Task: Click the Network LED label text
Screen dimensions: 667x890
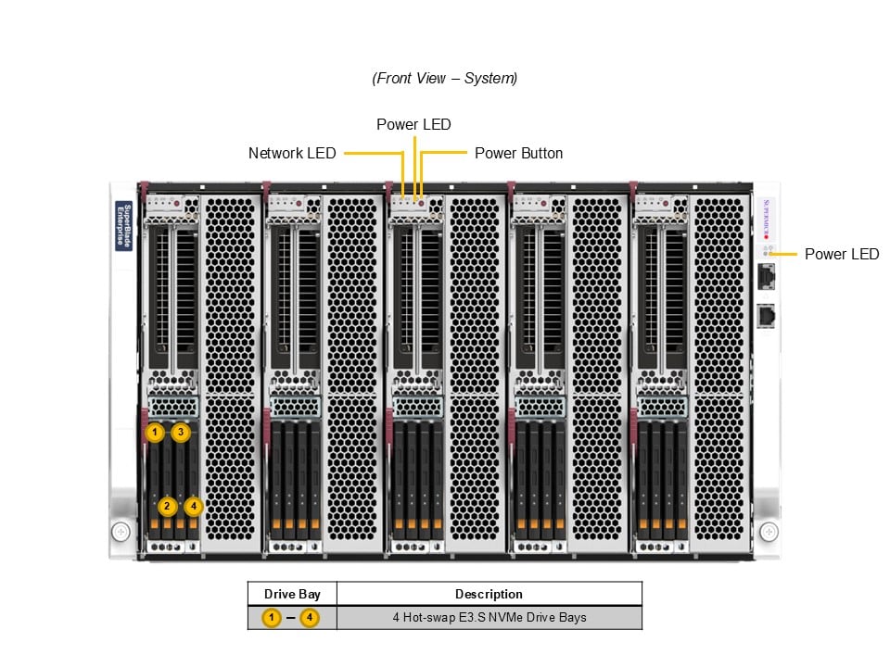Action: pyautogui.click(x=292, y=153)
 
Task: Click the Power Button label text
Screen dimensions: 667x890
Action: pyautogui.click(x=518, y=153)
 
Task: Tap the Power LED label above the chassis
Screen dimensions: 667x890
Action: pyautogui.click(x=413, y=124)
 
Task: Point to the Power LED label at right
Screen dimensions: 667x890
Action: pyautogui.click(x=841, y=254)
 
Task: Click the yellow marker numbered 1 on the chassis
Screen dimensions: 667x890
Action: pyautogui.click(x=155, y=432)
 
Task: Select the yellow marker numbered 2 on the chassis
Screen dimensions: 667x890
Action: pyautogui.click(x=167, y=506)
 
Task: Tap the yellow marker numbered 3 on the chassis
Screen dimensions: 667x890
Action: pyautogui.click(x=181, y=432)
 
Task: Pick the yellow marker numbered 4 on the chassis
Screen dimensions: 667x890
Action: pyautogui.click(x=193, y=506)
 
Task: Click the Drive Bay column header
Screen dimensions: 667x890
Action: pyautogui.click(x=292, y=594)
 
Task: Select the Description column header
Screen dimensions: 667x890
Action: pyautogui.click(x=489, y=594)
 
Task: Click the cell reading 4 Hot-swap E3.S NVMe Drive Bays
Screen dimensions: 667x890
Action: pyautogui.click(x=489, y=617)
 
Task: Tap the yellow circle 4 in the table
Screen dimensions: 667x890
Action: pyautogui.click(x=310, y=617)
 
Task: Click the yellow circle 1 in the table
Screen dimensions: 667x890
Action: pyautogui.click(x=271, y=617)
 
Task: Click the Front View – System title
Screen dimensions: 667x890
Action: pyautogui.click(x=444, y=79)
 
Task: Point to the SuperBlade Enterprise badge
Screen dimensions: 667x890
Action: pyautogui.click(x=123, y=225)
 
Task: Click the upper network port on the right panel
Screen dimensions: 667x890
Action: pyautogui.click(x=767, y=276)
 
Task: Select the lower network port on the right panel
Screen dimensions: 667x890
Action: pyautogui.click(x=767, y=316)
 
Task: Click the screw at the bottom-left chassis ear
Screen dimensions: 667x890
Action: pyautogui.click(x=121, y=532)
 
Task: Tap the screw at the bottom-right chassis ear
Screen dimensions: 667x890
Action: pyautogui.click(x=769, y=532)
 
